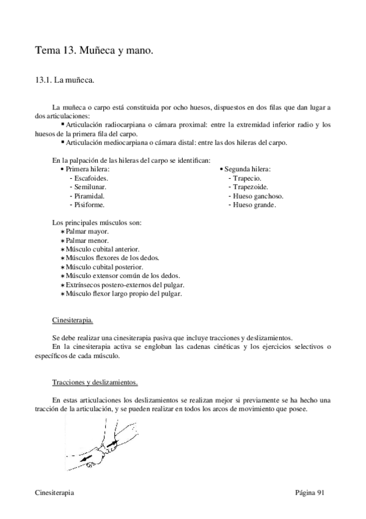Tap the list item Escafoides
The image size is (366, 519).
[x=91, y=177]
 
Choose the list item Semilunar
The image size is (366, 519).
[x=90, y=187]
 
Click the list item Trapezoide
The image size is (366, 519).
[x=251, y=187]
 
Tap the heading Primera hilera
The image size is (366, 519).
[x=87, y=168]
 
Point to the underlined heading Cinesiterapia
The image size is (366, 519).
[x=73, y=320]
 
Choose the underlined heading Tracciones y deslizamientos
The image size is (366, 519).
[x=95, y=383]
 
